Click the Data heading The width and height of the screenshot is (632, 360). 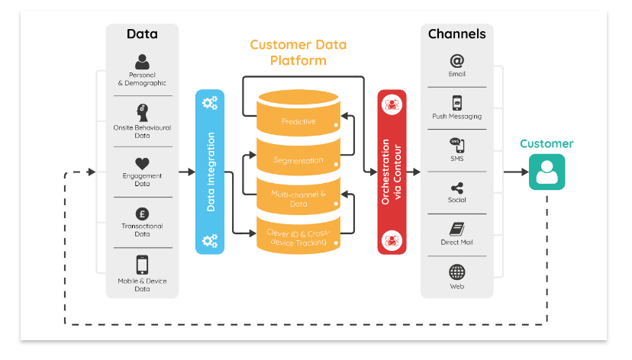pyautogui.click(x=142, y=34)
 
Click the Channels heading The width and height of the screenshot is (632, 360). pyautogui.click(x=456, y=34)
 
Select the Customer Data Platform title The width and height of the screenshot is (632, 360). pyautogui.click(x=298, y=52)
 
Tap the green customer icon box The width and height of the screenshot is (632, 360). pyautogui.click(x=547, y=172)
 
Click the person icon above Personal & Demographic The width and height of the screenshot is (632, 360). pyautogui.click(x=142, y=61)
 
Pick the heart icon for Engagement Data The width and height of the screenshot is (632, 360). pyautogui.click(x=142, y=163)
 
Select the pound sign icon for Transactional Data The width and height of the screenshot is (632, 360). pyautogui.click(x=142, y=214)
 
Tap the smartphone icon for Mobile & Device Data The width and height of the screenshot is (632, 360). pyautogui.click(x=142, y=264)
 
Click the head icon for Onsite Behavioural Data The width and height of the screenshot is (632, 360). pyautogui.click(x=142, y=111)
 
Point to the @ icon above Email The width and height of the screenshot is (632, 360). pyautogui.click(x=456, y=61)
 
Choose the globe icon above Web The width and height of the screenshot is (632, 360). pyautogui.click(x=456, y=272)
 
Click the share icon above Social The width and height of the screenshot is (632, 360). pyautogui.click(x=456, y=188)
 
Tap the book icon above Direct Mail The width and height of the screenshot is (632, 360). pyautogui.click(x=456, y=229)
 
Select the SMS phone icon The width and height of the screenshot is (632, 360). pyautogui.click(x=456, y=145)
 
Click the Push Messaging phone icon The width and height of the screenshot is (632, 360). pyautogui.click(x=456, y=103)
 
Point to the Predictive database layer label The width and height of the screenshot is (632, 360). pyautogui.click(x=298, y=121)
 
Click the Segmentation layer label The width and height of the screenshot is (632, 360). pyautogui.click(x=298, y=160)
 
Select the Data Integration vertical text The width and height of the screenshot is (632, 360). pyautogui.click(x=211, y=172)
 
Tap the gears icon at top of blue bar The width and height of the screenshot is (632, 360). pyautogui.click(x=210, y=102)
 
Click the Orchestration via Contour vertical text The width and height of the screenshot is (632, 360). pyautogui.click(x=392, y=172)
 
